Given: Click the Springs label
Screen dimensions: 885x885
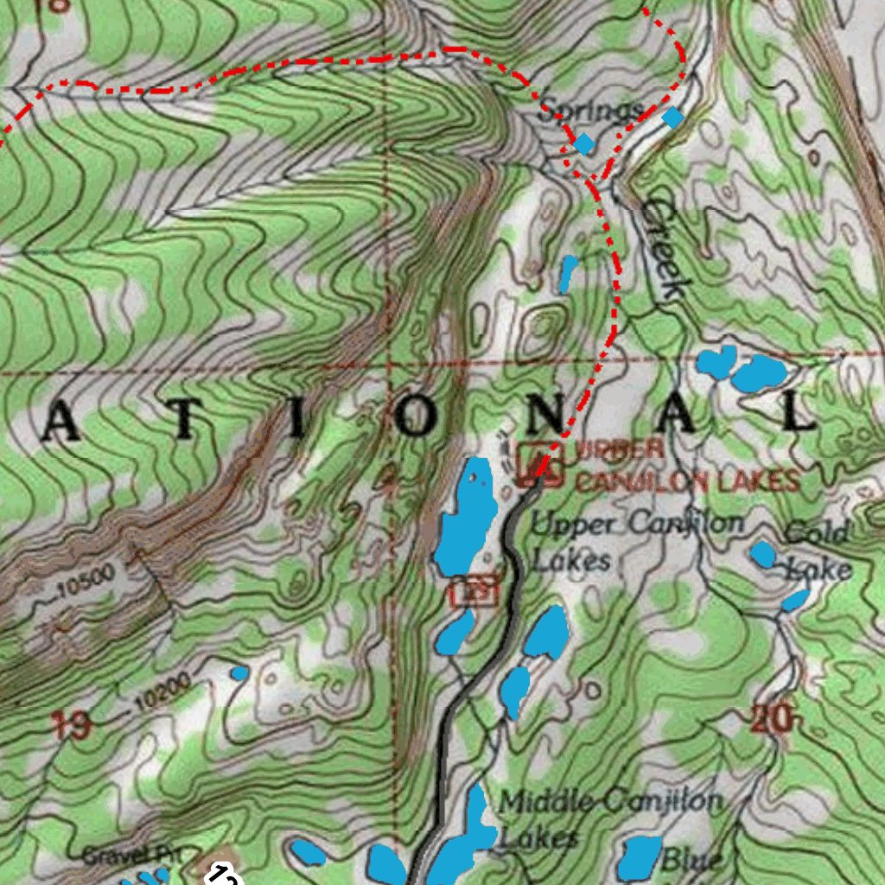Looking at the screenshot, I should tap(591, 111).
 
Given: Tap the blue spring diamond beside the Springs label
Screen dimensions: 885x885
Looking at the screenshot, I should tap(585, 143).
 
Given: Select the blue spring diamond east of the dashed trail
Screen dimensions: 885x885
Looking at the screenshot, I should tap(672, 118).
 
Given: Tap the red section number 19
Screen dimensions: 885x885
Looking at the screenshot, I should tap(71, 724).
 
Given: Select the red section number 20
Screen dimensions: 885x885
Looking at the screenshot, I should tap(771, 718).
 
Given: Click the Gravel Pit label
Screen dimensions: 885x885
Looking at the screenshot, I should tap(131, 856).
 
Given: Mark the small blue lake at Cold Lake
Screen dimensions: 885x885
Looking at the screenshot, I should tap(763, 555).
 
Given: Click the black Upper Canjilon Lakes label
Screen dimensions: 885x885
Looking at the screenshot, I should tap(635, 541).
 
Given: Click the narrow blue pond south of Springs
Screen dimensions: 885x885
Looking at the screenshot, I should tap(568, 274).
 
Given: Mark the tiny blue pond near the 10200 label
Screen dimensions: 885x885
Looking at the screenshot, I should tap(239, 672).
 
